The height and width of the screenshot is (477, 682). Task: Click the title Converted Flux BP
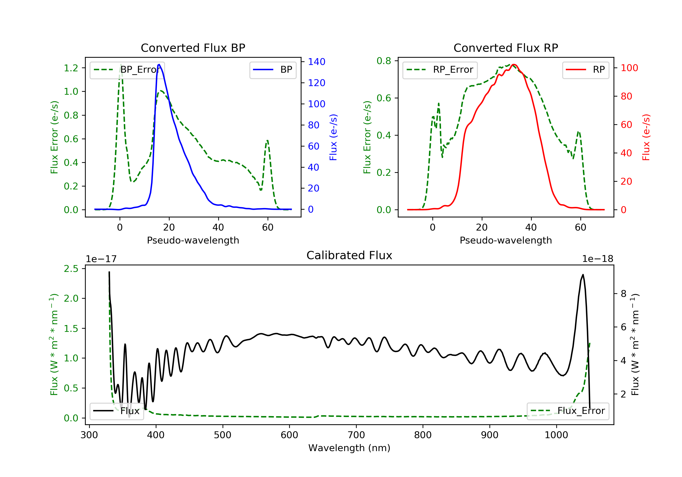(193, 48)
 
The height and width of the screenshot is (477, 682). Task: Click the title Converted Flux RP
(506, 48)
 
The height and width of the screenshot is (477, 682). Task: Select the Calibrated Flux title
(349, 255)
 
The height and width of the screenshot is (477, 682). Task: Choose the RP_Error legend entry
(440, 70)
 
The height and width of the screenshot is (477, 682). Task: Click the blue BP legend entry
(273, 70)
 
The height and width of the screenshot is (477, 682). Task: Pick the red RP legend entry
(585, 70)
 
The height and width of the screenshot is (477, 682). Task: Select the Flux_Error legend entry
(568, 411)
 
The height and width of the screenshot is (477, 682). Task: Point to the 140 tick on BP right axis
(317, 62)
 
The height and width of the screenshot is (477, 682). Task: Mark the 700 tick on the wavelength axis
(356, 435)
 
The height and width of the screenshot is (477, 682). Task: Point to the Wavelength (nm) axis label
(349, 448)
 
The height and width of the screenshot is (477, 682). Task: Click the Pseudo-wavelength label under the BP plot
(193, 240)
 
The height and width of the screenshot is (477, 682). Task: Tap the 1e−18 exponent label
(598, 259)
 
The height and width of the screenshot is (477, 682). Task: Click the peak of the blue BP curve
(159, 65)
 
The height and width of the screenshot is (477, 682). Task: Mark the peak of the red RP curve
(514, 65)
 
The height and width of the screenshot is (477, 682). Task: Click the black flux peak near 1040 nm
(583, 275)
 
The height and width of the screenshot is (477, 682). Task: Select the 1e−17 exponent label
(101, 259)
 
